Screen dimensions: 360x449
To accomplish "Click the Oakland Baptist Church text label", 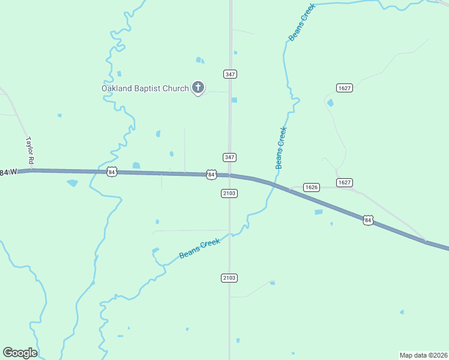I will pyautogui.click(x=145, y=89).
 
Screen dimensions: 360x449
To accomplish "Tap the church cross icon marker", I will pyautogui.click(x=198, y=88).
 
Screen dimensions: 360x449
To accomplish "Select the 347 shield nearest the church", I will pyautogui.click(x=230, y=74).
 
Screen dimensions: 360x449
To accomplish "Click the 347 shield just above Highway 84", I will pyautogui.click(x=230, y=157).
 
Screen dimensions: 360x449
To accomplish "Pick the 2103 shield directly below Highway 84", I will pyautogui.click(x=229, y=193).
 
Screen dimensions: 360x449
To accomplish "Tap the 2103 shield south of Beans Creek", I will pyautogui.click(x=229, y=278).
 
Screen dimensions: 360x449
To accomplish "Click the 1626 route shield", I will pyautogui.click(x=311, y=187).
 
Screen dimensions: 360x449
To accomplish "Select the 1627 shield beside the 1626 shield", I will pyautogui.click(x=344, y=182).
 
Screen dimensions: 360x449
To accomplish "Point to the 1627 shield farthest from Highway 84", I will pyautogui.click(x=344, y=88).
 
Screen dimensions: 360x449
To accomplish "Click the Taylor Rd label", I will pyautogui.click(x=29, y=151).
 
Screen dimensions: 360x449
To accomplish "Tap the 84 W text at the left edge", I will pyautogui.click(x=9, y=173).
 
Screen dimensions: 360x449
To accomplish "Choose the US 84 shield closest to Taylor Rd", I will pyautogui.click(x=112, y=172).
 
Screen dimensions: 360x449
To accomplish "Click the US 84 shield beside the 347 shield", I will pyautogui.click(x=211, y=174).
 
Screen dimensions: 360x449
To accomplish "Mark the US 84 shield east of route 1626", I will pyautogui.click(x=368, y=221).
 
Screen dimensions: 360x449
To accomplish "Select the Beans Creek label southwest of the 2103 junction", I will pyautogui.click(x=200, y=248).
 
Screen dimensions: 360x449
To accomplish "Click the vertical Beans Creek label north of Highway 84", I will pyautogui.click(x=281, y=148).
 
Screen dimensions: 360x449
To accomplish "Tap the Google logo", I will pyautogui.click(x=20, y=353).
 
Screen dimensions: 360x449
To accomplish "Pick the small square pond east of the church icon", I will pyautogui.click(x=234, y=100).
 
